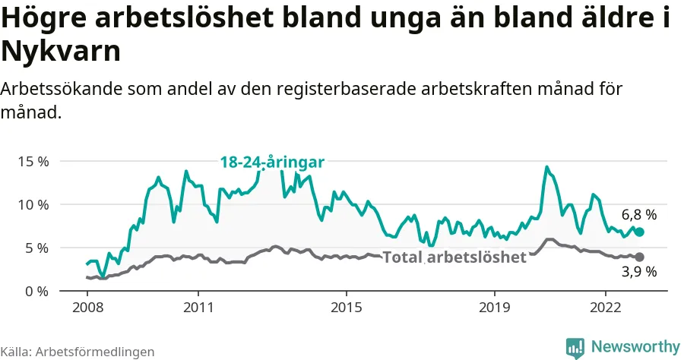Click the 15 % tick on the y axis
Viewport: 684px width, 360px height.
[33, 162]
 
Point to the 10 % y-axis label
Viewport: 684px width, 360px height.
[33, 205]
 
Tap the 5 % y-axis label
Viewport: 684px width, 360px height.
[36, 248]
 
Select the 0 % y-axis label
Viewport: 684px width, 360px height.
[36, 292]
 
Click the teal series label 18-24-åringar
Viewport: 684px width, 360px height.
[272, 162]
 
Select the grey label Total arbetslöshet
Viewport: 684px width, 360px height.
[454, 257]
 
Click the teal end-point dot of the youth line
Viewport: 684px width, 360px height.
[639, 232]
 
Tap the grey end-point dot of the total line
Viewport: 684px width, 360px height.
[639, 257]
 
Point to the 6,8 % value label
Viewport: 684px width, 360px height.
[638, 215]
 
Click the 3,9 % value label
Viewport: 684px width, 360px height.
[638, 272]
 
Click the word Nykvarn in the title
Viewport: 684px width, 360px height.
[61, 53]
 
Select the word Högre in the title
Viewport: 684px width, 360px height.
[44, 19]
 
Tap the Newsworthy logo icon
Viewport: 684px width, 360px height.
[575, 347]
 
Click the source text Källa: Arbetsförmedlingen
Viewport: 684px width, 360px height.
[78, 352]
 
